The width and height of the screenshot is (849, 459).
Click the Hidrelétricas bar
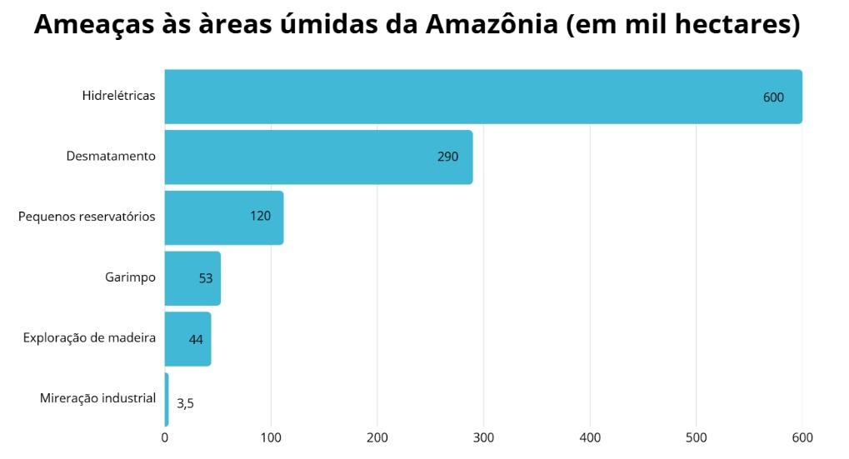point(483,97)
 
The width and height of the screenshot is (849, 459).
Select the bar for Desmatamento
point(318,157)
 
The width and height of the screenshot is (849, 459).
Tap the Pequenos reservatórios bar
point(223,217)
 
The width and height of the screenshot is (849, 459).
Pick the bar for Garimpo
point(192,278)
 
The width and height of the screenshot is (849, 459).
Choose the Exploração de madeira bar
point(187,339)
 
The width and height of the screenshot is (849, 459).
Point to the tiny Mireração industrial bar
point(167,400)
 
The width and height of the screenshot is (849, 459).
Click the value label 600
point(773,97)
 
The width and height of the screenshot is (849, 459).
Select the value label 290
point(447,157)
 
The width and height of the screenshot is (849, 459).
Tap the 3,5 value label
point(185,403)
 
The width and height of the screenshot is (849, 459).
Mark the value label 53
point(206,279)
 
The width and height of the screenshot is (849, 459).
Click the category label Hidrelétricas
point(118,96)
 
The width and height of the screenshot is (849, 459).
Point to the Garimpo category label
point(130,277)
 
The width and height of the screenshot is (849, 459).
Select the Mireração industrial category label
point(97,398)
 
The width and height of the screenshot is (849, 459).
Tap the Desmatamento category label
point(111,156)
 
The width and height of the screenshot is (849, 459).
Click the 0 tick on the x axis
point(165,437)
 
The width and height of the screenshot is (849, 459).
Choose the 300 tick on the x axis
point(484,437)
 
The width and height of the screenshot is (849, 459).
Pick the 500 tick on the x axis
point(697,437)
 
